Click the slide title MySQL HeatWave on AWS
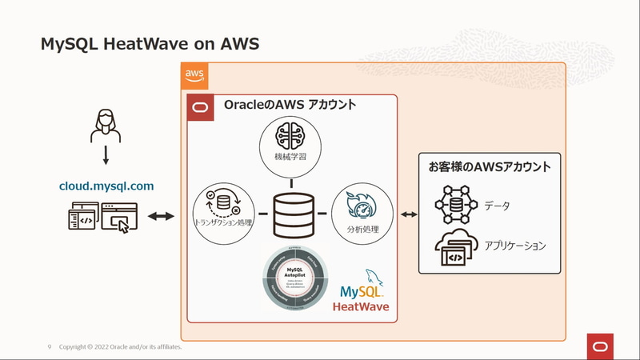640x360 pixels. (150, 44)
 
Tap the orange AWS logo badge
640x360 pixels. (194, 75)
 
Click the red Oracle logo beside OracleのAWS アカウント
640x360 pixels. (200, 107)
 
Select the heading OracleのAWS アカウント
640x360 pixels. (290, 105)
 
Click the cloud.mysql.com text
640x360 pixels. (106, 186)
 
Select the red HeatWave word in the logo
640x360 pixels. (361, 306)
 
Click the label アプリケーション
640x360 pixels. (514, 246)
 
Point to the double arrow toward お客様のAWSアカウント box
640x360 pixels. (409, 214)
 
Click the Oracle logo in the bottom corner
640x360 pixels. (601, 346)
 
